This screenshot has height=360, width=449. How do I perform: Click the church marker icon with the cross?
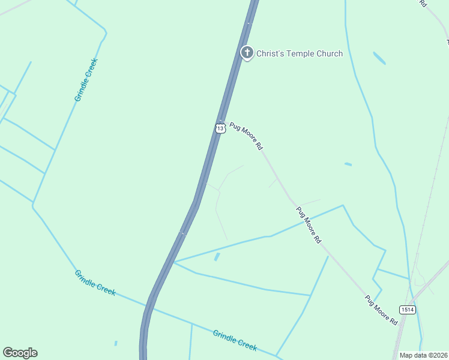pyautogui.click(x=247, y=53)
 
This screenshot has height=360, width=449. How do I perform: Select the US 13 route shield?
pyautogui.click(x=220, y=128)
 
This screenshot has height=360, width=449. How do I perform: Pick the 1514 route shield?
pyautogui.click(x=407, y=309)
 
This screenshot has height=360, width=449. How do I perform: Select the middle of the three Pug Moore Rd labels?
pyautogui.click(x=309, y=225)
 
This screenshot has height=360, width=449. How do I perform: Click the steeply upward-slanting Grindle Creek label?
pyautogui.click(x=86, y=80)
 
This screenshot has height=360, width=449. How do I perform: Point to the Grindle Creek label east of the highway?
pyautogui.click(x=235, y=340)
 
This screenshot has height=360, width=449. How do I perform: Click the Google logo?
pyautogui.click(x=20, y=353)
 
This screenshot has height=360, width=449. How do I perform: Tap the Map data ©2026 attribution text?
pyautogui.click(x=424, y=355)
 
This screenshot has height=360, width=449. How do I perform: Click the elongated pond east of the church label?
pyautogui.click(x=379, y=58)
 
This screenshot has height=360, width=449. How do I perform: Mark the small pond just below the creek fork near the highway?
pyautogui.click(x=217, y=257)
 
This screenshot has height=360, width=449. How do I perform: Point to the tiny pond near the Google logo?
pyautogui.click(x=116, y=344)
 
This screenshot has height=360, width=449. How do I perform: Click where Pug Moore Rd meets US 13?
pyautogui.click(x=221, y=119)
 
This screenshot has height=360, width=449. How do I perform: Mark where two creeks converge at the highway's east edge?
pyautogui.click(x=174, y=262)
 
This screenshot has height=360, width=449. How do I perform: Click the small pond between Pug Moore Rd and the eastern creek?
pyautogui.click(x=348, y=164)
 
